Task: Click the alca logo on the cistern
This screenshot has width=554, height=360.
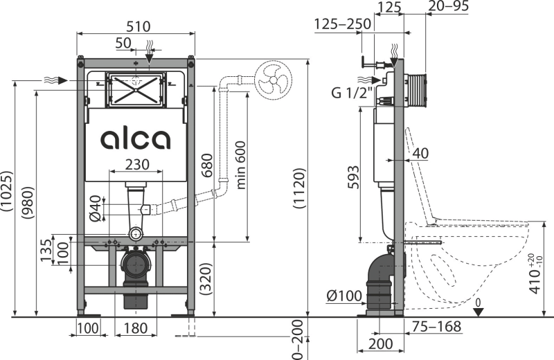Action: click(135, 139)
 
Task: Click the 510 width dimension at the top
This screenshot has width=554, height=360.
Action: click(138, 26)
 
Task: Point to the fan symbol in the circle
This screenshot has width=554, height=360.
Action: click(273, 81)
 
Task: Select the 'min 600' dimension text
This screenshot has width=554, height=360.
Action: click(240, 165)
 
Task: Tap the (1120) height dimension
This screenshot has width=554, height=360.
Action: click(299, 188)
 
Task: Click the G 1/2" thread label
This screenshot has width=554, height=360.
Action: click(352, 93)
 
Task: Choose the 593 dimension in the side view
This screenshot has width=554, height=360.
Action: click(353, 177)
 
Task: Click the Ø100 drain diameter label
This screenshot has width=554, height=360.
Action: click(344, 296)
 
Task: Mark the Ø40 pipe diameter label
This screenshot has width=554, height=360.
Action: click(96, 208)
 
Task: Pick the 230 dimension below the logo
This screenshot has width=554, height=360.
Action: click(137, 164)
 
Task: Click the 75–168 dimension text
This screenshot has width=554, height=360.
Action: click(438, 327)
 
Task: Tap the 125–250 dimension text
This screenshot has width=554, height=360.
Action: click(343, 24)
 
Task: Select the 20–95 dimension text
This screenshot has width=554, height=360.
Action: click(449, 6)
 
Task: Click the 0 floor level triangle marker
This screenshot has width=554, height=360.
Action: click(478, 312)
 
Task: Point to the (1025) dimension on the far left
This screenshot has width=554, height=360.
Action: click(7, 191)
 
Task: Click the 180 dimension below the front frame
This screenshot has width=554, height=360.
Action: click(136, 328)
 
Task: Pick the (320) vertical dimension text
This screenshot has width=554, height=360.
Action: click(206, 279)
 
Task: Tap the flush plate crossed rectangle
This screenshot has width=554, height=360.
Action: click(136, 90)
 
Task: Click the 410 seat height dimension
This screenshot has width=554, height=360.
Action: click(535, 273)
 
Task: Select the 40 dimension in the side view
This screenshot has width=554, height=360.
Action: click(420, 153)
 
